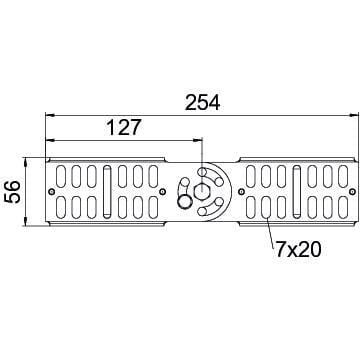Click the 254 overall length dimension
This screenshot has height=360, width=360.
(x=202, y=103)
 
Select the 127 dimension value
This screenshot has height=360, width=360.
(x=124, y=127)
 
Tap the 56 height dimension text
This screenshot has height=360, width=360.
(x=13, y=192)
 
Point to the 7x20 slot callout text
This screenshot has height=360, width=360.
(x=297, y=249)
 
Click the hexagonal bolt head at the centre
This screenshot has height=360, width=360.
(x=201, y=191)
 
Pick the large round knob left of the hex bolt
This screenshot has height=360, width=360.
(x=184, y=201)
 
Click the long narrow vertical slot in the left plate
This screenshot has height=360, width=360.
(x=107, y=191)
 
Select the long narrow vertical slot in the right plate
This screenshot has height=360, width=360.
(x=296, y=191)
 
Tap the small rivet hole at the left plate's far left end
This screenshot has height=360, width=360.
(x=51, y=191)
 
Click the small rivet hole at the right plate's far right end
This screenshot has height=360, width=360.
(x=352, y=191)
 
